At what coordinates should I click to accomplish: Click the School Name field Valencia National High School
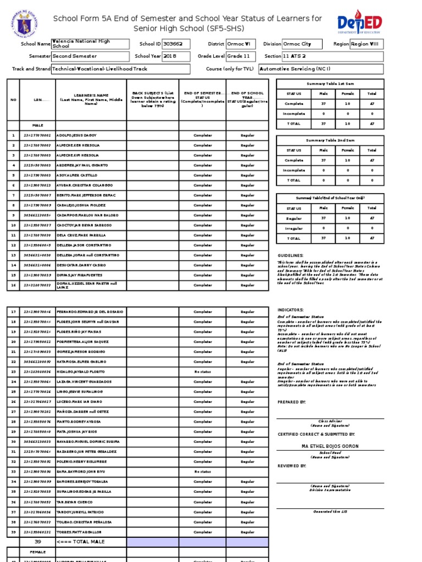90,44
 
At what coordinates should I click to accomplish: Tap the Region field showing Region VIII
367,44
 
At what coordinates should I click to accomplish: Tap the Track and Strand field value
120,69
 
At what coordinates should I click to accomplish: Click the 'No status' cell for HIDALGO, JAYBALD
202,372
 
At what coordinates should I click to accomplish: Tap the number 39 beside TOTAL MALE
38,542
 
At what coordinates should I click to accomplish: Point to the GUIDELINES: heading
290,256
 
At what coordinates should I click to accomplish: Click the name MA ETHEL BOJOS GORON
330,446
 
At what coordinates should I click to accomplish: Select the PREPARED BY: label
292,402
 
